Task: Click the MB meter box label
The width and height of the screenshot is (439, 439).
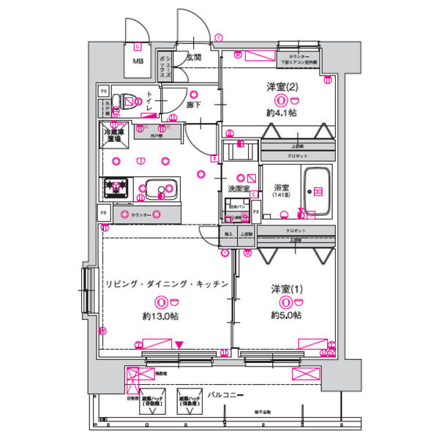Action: [138, 61]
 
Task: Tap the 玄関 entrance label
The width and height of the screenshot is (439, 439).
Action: [194, 57]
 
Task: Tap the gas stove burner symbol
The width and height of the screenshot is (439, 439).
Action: [115, 187]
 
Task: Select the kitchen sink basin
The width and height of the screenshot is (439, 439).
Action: [157, 190]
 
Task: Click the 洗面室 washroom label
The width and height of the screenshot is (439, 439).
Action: [239, 189]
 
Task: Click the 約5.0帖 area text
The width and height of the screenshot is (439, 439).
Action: [285, 315]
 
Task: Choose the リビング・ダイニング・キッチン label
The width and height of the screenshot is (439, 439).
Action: [168, 284]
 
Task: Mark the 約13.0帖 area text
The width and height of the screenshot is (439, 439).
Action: [160, 316]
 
